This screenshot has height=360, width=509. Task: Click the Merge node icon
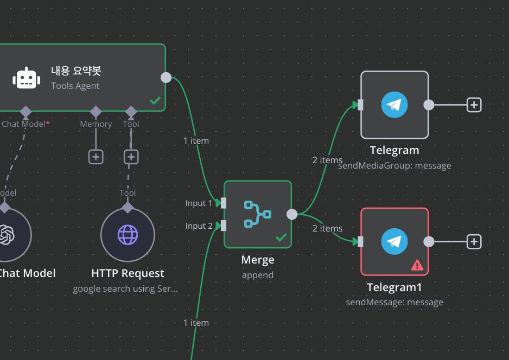coord(258,214)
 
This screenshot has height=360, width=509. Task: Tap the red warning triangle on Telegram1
coord(417,265)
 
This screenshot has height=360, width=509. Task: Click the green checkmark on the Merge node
coord(281,237)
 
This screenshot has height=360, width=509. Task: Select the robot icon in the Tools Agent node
coord(26,78)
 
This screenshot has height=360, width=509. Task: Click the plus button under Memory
coord(96,157)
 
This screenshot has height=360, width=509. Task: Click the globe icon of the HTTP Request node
coord(128,235)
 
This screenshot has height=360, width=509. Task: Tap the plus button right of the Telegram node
coord(474,105)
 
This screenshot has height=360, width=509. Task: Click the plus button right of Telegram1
coord(474,241)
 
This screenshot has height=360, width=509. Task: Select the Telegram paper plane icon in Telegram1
coord(395,241)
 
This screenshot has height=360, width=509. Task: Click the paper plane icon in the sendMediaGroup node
coord(395,105)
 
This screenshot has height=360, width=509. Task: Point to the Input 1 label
coord(199,203)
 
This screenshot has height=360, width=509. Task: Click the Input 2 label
coord(199,226)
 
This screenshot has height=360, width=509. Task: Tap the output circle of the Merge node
coord(292,214)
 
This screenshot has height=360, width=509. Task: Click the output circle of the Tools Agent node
coord(166,78)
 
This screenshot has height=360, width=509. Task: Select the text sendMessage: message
coord(395,302)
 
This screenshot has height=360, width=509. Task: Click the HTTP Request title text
coord(128,273)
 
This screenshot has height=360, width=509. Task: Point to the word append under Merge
coord(258,275)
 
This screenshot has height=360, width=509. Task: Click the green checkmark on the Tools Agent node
coord(155,101)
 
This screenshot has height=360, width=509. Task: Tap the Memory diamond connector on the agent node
coord(96,112)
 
